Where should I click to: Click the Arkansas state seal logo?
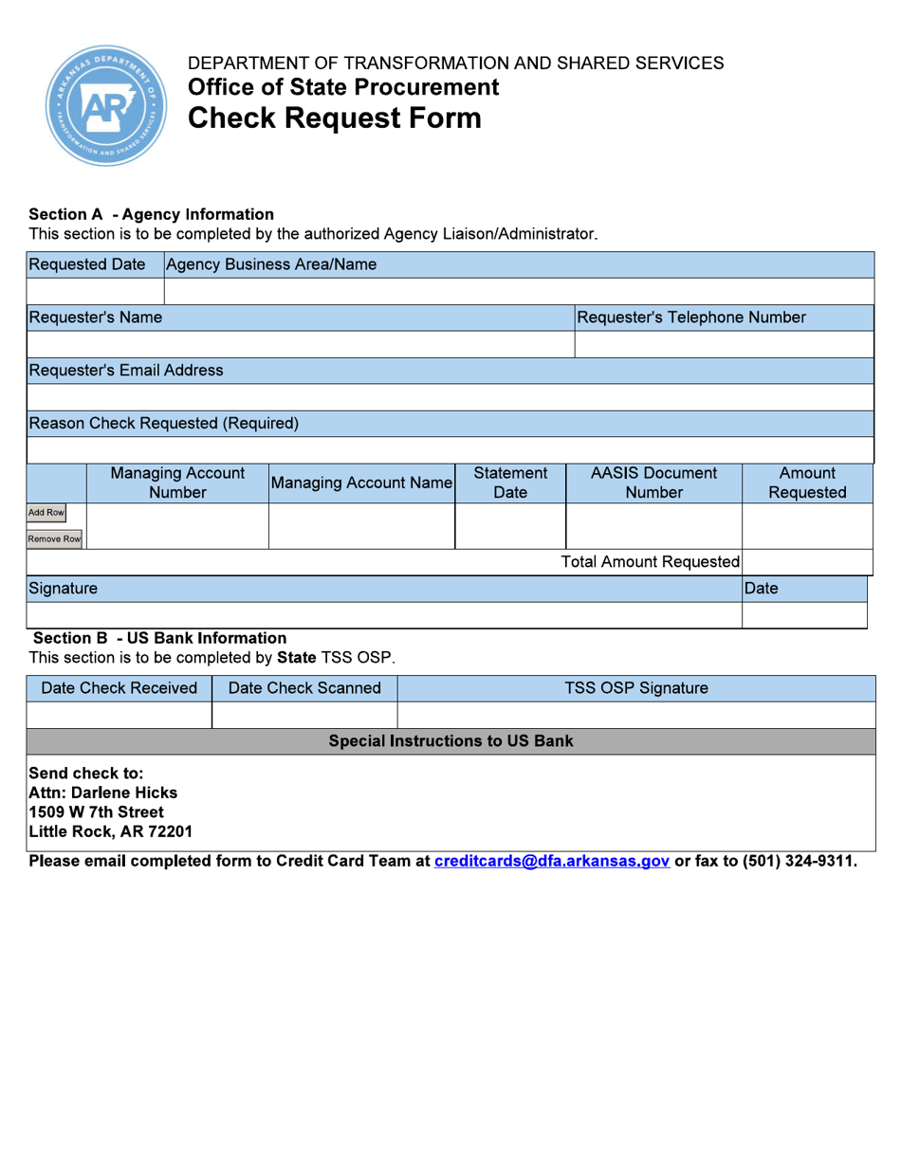pyautogui.click(x=106, y=106)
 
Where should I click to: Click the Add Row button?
pyautogui.click(x=46, y=513)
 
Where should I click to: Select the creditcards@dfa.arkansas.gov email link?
pyautogui.click(x=552, y=862)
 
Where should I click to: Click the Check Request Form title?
pyautogui.click(x=335, y=118)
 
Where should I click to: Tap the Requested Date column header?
pyautogui.click(x=87, y=264)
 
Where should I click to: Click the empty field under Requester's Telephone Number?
pyautogui.click(x=724, y=344)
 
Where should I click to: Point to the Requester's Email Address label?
pyautogui.click(x=126, y=370)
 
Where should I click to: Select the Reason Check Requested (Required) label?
pyautogui.click(x=164, y=423)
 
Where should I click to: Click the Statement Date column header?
pyautogui.click(x=510, y=483)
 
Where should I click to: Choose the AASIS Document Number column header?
pyautogui.click(x=653, y=483)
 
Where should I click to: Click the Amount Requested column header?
pyautogui.click(x=807, y=483)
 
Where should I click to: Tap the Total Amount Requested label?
pyautogui.click(x=651, y=562)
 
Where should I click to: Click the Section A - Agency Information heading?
pyautogui.click(x=152, y=214)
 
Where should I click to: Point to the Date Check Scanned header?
pyautogui.click(x=304, y=688)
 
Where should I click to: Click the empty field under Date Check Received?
pyautogui.click(x=120, y=715)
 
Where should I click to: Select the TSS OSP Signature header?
pyautogui.click(x=636, y=688)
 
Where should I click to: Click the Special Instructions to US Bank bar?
pyautogui.click(x=450, y=740)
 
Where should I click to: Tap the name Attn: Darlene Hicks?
pyautogui.click(x=103, y=793)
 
